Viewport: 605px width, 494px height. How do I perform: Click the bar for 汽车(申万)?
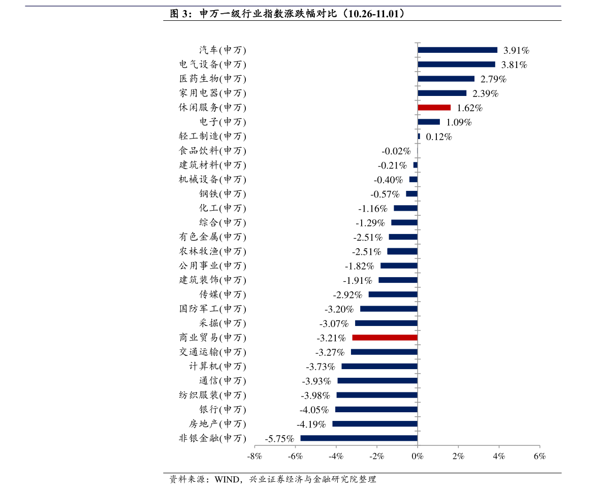[457, 50]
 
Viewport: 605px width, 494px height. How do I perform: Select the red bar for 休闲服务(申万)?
[434, 108]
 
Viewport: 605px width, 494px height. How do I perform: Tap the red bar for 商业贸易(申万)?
[385, 338]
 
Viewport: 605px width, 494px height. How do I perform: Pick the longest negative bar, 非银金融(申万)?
[359, 438]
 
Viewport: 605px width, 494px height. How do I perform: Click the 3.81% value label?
[514, 65]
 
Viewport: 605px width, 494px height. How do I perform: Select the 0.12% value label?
[438, 137]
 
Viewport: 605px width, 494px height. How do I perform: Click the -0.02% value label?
[396, 151]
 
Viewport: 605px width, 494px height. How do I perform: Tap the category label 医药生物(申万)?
[212, 79]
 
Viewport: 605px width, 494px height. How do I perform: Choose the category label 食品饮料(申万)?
[212, 151]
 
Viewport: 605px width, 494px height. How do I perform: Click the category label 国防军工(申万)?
[212, 309]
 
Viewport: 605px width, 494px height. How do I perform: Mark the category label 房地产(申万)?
[217, 424]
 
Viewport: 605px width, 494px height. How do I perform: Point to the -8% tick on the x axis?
[254, 456]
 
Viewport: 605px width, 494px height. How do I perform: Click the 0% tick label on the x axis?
[417, 456]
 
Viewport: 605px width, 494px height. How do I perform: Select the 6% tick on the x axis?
[539, 456]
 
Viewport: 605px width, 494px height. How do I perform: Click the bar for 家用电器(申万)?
[442, 93]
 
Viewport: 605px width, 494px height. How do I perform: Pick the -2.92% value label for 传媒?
[347, 295]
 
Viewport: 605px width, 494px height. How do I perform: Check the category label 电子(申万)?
[222, 122]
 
